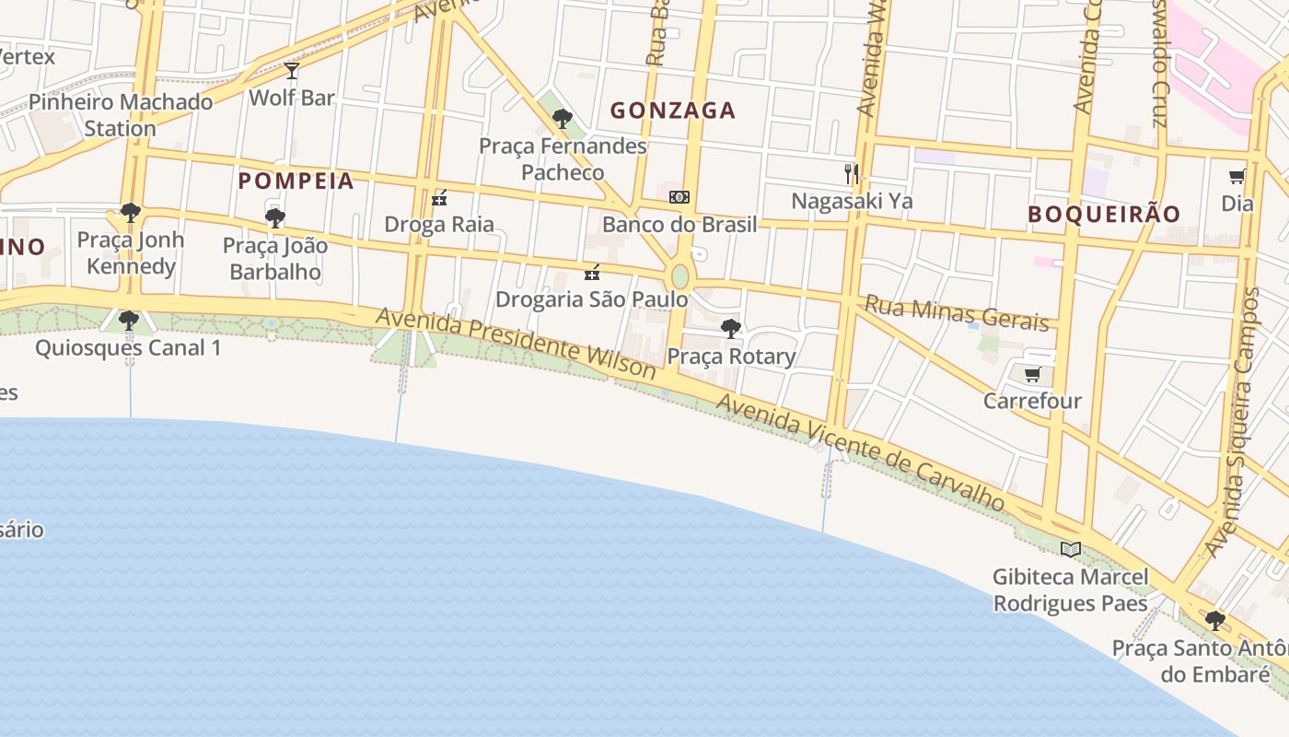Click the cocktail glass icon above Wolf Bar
pyautogui.click(x=292, y=71)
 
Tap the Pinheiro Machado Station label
pyautogui.click(x=121, y=114)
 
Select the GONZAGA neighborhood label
pyautogui.click(x=673, y=111)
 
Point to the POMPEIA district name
pyautogui.click(x=296, y=181)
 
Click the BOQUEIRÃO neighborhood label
pyautogui.click(x=1104, y=214)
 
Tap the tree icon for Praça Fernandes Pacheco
pyautogui.click(x=562, y=119)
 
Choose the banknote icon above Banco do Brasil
pyautogui.click(x=679, y=197)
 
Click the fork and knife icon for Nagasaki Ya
pyautogui.click(x=852, y=173)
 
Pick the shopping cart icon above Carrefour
pyautogui.click(x=1032, y=374)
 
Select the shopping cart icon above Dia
pyautogui.click(x=1237, y=176)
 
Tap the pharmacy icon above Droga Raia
pyautogui.click(x=439, y=197)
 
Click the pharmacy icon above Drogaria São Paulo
pyautogui.click(x=592, y=273)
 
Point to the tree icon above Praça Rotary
pyautogui.click(x=730, y=328)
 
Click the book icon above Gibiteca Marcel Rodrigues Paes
pyautogui.click(x=1070, y=549)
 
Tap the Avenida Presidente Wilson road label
pyautogui.click(x=516, y=344)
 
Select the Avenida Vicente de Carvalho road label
pyautogui.click(x=860, y=450)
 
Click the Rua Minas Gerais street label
pyautogui.click(x=957, y=313)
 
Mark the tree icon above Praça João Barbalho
pyautogui.click(x=274, y=218)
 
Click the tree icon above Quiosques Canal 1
pyautogui.click(x=129, y=321)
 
